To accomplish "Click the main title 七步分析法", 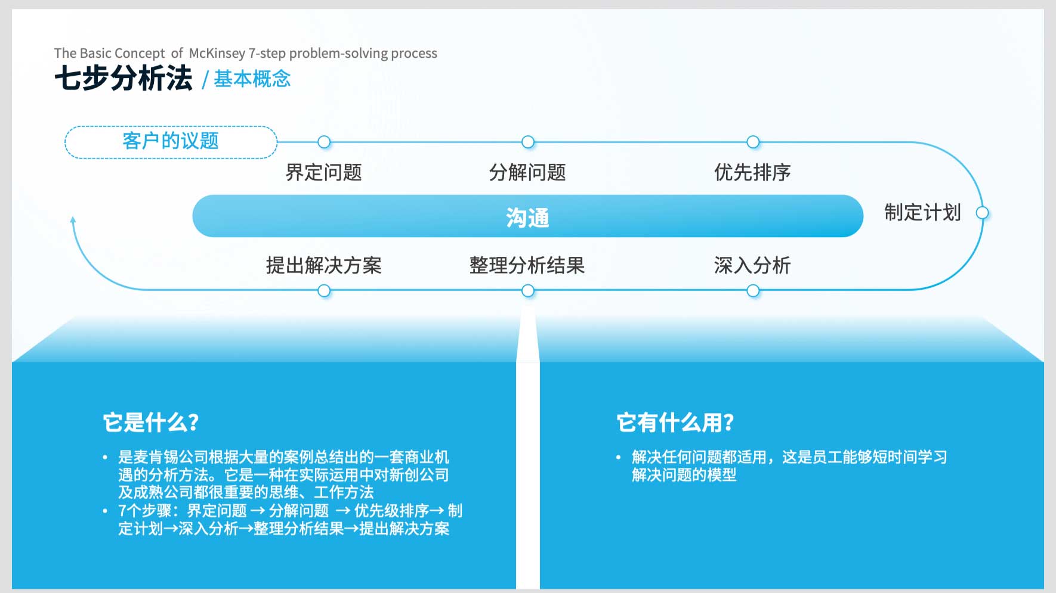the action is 123,78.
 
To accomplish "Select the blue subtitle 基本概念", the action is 252,79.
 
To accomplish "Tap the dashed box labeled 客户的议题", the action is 171,142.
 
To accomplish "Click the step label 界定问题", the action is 324,172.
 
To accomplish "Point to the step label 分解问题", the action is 527,172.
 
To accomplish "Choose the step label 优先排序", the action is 752,172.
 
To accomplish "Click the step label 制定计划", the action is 922,212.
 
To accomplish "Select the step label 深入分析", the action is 752,265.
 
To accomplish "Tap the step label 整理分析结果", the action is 527,265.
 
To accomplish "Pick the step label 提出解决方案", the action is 324,265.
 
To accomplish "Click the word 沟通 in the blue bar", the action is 527,218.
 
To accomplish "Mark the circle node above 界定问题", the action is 324,142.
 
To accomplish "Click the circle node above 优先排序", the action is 753,142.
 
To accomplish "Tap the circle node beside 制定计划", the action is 982,213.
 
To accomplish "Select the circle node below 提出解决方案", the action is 324,291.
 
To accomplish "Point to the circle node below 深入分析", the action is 753,291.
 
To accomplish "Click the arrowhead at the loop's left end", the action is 73,219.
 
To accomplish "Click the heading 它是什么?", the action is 151,423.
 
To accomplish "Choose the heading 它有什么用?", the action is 675,423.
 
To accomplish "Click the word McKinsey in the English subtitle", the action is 217,53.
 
